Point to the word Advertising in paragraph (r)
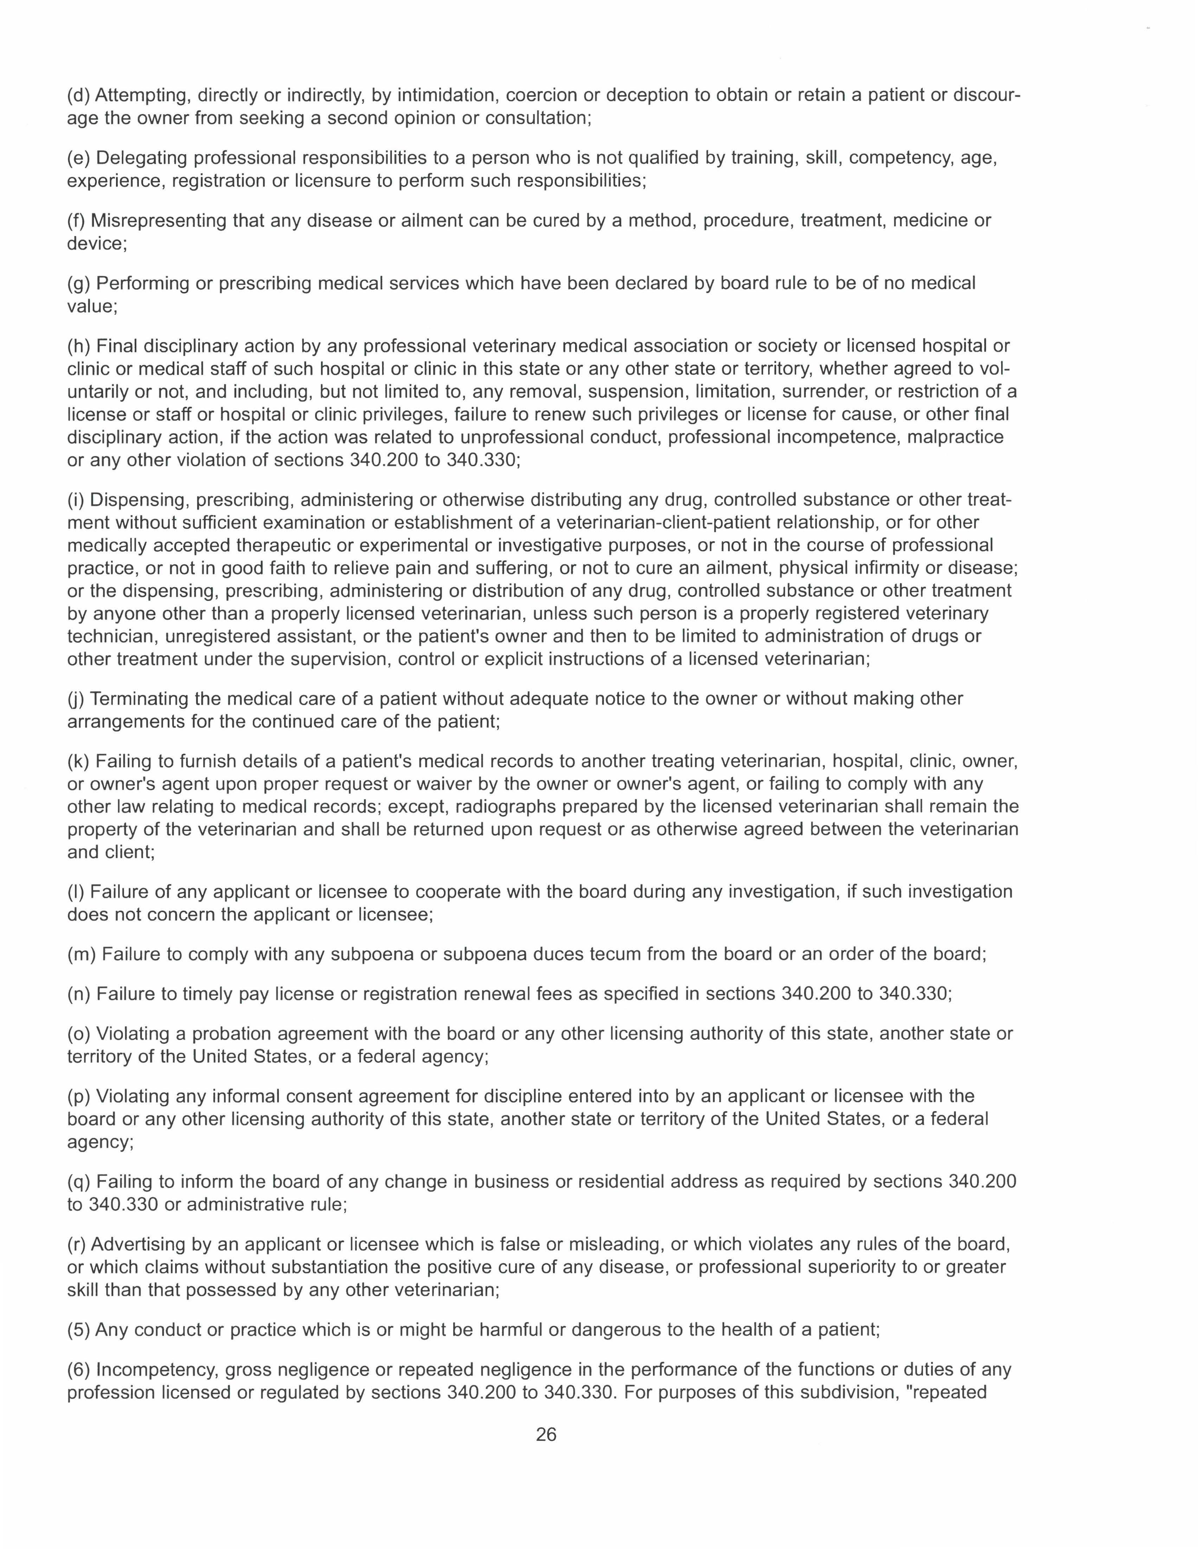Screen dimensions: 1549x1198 coord(137,1244)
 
